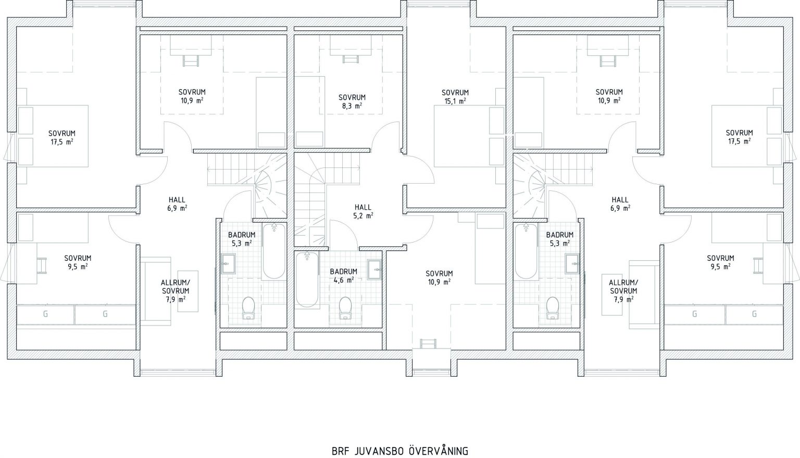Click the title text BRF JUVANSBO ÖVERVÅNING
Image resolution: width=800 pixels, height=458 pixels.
click(400, 451)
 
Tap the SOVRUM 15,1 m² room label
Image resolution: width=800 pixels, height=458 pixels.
click(455, 97)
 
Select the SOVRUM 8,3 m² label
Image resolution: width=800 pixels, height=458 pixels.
click(352, 101)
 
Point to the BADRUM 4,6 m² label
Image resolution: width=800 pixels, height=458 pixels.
click(344, 275)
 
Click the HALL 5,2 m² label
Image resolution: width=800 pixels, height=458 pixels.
click(363, 211)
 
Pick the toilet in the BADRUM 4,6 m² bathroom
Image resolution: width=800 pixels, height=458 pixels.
click(345, 308)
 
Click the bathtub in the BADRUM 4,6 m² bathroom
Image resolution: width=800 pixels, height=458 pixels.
click(307, 280)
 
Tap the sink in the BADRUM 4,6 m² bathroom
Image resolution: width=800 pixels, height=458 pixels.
click(375, 270)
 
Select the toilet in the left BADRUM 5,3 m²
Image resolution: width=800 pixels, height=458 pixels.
click(248, 308)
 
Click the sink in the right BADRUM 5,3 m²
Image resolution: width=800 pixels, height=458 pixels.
click(572, 264)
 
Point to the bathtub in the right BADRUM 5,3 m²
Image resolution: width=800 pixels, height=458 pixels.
click(526, 251)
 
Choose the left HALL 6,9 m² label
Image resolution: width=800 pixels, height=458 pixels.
click(177, 204)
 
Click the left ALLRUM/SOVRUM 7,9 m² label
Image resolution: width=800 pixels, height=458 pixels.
click(175, 291)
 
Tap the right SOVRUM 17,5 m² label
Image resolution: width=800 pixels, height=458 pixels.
click(739, 137)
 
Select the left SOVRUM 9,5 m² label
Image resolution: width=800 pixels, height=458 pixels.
click(78, 262)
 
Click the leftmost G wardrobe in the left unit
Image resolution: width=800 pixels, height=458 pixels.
click(46, 315)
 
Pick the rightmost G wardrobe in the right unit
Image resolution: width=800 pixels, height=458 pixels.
click(754, 315)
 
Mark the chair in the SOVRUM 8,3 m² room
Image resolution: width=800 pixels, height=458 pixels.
click(351, 59)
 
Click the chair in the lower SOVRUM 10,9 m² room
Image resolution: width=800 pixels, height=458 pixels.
click(428, 343)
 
